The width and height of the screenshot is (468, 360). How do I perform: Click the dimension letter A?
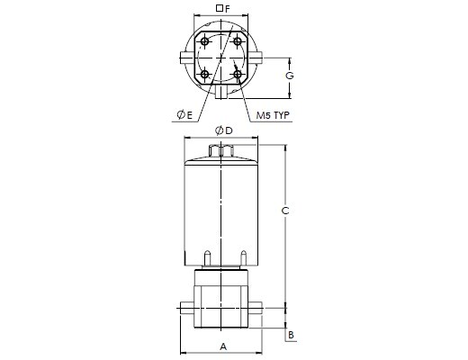223,346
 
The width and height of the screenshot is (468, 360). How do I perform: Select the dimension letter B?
291,335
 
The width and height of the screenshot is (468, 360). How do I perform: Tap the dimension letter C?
285,211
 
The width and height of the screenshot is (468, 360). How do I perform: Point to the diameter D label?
224,130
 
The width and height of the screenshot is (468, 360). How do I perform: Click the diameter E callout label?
184,115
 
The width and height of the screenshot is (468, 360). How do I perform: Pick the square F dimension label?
223,9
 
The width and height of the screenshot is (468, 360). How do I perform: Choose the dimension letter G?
290,76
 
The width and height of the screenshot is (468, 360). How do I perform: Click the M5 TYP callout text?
273,115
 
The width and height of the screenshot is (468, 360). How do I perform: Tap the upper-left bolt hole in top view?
205,41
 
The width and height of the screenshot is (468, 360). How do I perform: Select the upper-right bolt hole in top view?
238,41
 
